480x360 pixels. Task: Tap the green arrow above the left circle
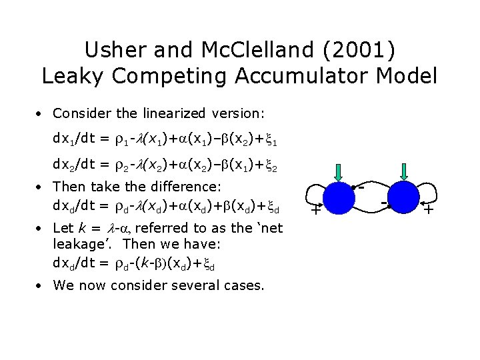339,171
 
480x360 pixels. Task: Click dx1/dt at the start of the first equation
74,141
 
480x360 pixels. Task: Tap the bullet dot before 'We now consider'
41,286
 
